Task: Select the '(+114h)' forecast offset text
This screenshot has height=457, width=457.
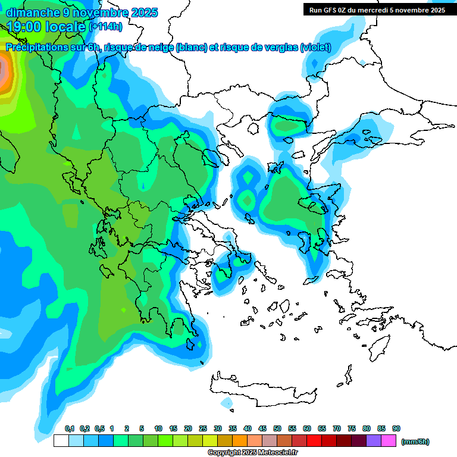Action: (x=105, y=27)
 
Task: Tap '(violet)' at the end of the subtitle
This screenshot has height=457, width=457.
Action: (x=315, y=48)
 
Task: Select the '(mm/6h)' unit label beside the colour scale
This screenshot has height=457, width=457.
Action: (x=415, y=442)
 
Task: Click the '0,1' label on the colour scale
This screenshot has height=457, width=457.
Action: (x=69, y=429)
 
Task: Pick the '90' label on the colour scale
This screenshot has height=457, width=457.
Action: (x=396, y=429)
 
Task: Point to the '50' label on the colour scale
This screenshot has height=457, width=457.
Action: (x=277, y=429)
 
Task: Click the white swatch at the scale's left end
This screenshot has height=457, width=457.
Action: (x=61, y=441)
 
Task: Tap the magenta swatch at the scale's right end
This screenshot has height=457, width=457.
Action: (x=389, y=441)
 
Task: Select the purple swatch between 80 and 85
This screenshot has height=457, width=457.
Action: (x=374, y=441)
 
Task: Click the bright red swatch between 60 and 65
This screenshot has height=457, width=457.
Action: (x=314, y=441)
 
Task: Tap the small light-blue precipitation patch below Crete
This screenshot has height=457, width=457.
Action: (x=227, y=403)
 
